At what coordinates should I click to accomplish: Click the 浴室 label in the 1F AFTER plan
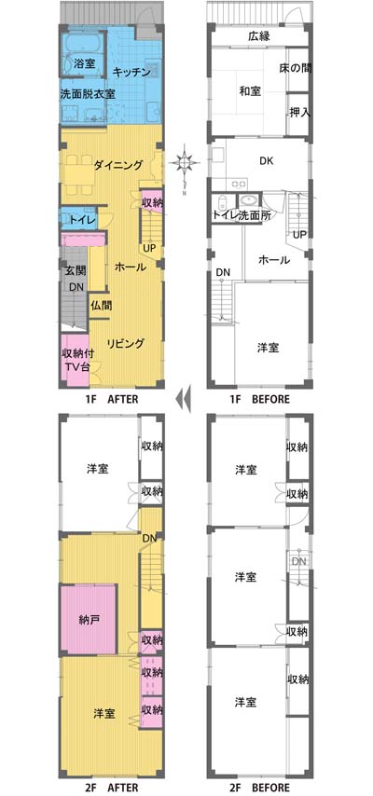(x=84, y=63)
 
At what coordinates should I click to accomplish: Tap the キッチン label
(x=131, y=72)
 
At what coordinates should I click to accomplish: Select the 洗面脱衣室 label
(x=87, y=94)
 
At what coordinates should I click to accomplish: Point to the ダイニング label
(x=117, y=164)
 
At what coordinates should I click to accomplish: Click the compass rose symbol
(x=185, y=163)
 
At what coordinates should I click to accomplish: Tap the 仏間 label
(x=103, y=306)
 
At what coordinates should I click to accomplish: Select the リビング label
(x=126, y=343)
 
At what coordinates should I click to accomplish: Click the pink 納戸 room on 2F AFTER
(x=89, y=618)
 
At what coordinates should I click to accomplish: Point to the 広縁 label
(x=258, y=36)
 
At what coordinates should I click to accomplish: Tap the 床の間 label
(x=296, y=68)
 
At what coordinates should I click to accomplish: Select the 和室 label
(x=250, y=91)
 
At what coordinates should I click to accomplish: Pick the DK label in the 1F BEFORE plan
(x=267, y=161)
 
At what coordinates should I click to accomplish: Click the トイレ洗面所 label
(x=242, y=214)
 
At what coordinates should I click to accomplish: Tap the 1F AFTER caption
(x=112, y=399)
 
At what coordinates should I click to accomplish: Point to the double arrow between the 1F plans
(x=183, y=399)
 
